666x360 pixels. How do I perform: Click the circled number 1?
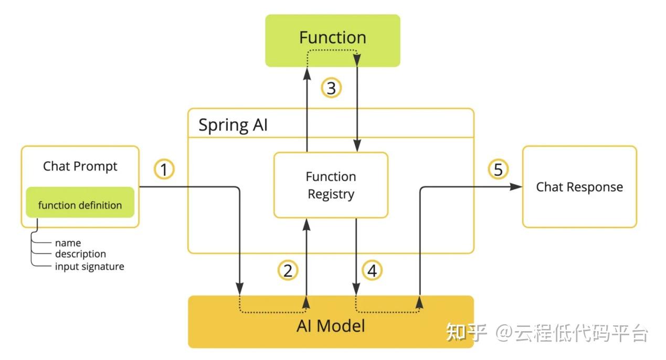tap(164, 169)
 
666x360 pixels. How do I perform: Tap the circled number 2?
tap(288, 270)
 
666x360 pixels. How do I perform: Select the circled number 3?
tap(331, 88)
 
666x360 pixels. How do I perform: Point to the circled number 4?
tap(372, 270)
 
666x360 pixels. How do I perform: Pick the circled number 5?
tap(498, 169)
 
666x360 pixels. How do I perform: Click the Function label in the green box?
tap(333, 37)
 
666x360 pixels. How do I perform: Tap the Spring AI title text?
tap(233, 125)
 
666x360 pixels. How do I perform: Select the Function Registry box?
tap(331, 185)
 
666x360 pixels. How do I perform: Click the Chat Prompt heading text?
tap(80, 166)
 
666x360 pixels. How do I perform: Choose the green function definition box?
tap(80, 202)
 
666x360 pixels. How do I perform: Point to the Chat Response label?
tap(579, 187)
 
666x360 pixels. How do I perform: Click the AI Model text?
tap(331, 326)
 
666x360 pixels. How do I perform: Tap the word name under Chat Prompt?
tap(68, 243)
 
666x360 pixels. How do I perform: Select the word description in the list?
tap(81, 254)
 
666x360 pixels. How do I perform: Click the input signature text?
tap(90, 267)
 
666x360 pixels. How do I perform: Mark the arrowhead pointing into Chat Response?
tap(516, 187)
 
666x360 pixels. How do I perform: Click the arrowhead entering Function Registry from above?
tap(357, 145)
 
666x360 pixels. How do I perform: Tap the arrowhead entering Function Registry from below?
tap(306, 225)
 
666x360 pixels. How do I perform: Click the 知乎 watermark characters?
tap(466, 332)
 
